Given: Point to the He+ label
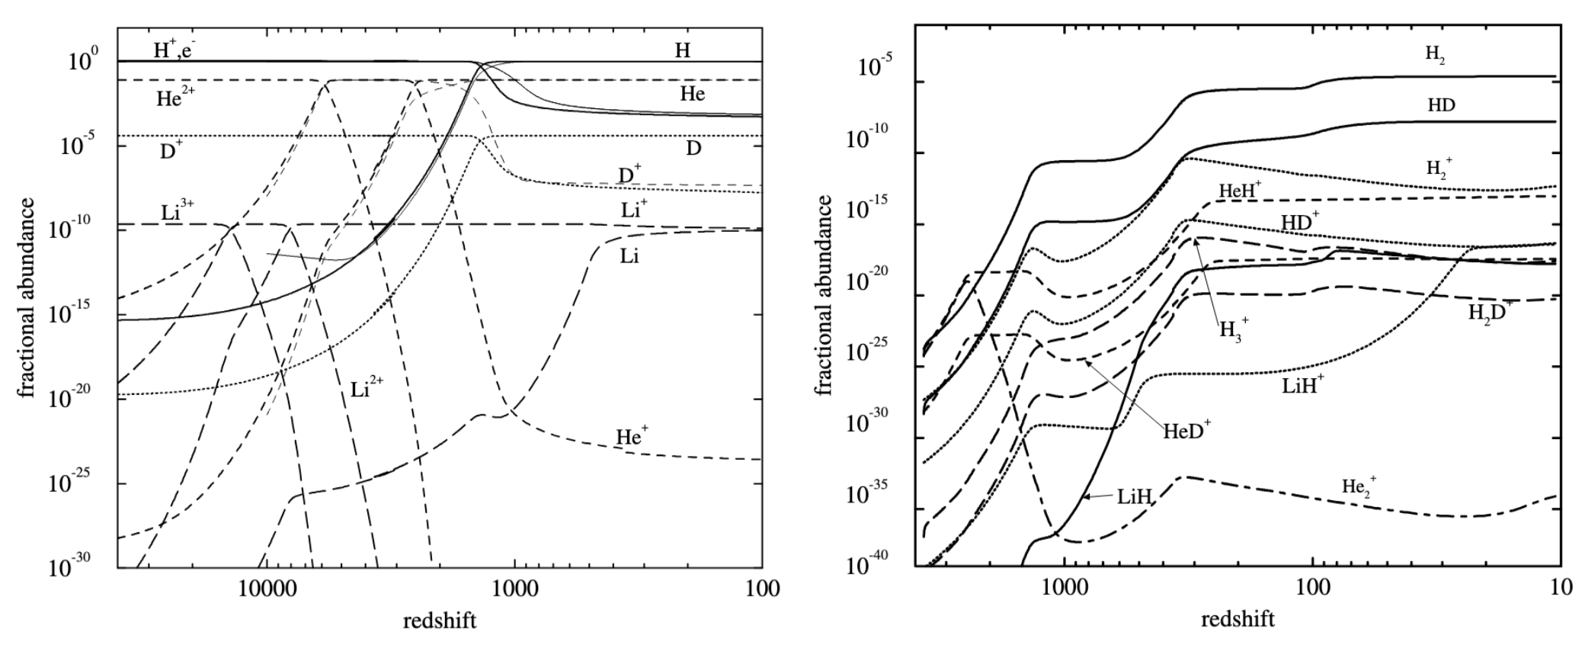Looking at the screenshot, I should (632, 437).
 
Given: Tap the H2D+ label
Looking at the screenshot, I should (1490, 311).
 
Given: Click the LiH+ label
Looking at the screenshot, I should (1302, 385).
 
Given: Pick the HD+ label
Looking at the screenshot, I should (1300, 222).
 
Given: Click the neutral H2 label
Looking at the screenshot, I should (1434, 54).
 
